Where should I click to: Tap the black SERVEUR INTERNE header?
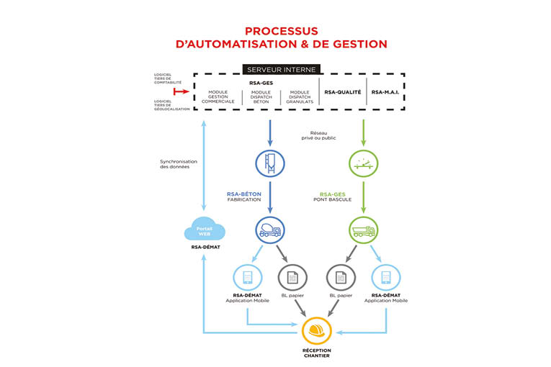tap(281, 70)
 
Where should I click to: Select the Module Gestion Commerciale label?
tap(218, 96)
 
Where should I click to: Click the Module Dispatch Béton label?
tap(260, 96)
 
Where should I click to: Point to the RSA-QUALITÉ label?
tap(342, 92)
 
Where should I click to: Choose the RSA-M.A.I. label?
tap(385, 92)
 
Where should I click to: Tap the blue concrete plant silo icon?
tap(269, 163)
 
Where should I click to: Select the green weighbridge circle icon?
tap(363, 163)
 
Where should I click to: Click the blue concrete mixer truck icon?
tap(269, 230)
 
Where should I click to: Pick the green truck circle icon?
tap(363, 230)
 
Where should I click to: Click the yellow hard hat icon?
tap(316, 331)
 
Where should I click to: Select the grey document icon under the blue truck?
tap(292, 278)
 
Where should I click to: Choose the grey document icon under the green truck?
tap(340, 278)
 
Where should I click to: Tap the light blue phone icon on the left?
tap(247, 278)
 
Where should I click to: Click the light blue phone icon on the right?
tap(385, 278)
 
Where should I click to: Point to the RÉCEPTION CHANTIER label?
tap(316, 355)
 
